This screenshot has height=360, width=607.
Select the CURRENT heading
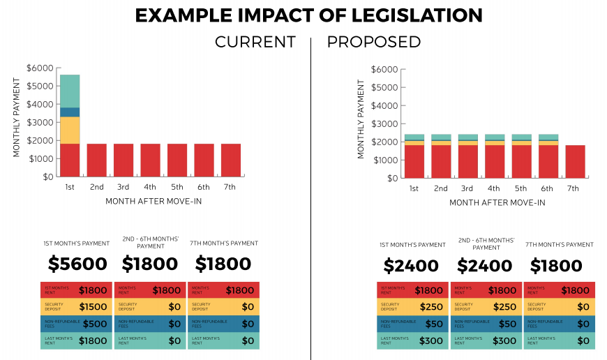tap(255, 42)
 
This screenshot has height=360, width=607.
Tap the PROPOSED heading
tap(374, 42)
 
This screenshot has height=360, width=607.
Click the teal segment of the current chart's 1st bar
tap(70, 91)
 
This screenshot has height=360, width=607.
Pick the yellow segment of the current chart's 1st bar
tap(70, 130)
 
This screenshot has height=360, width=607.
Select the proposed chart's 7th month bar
tap(575, 161)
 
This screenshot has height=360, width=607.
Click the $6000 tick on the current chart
tap(39, 68)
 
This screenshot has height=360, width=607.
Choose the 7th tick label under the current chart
tap(230, 187)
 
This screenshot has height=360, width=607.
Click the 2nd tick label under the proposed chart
tap(440, 188)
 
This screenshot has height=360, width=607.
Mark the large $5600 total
tap(77, 264)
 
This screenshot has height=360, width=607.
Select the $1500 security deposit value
tap(93, 307)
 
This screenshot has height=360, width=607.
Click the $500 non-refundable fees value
tap(95, 324)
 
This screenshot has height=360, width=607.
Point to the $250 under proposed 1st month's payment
tap(431, 307)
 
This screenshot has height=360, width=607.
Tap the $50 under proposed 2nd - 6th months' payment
tap(507, 324)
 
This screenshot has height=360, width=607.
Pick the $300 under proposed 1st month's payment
tap(430, 340)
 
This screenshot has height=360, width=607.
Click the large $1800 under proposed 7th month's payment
tap(557, 266)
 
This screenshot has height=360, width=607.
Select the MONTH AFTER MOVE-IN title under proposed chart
tap(497, 203)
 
